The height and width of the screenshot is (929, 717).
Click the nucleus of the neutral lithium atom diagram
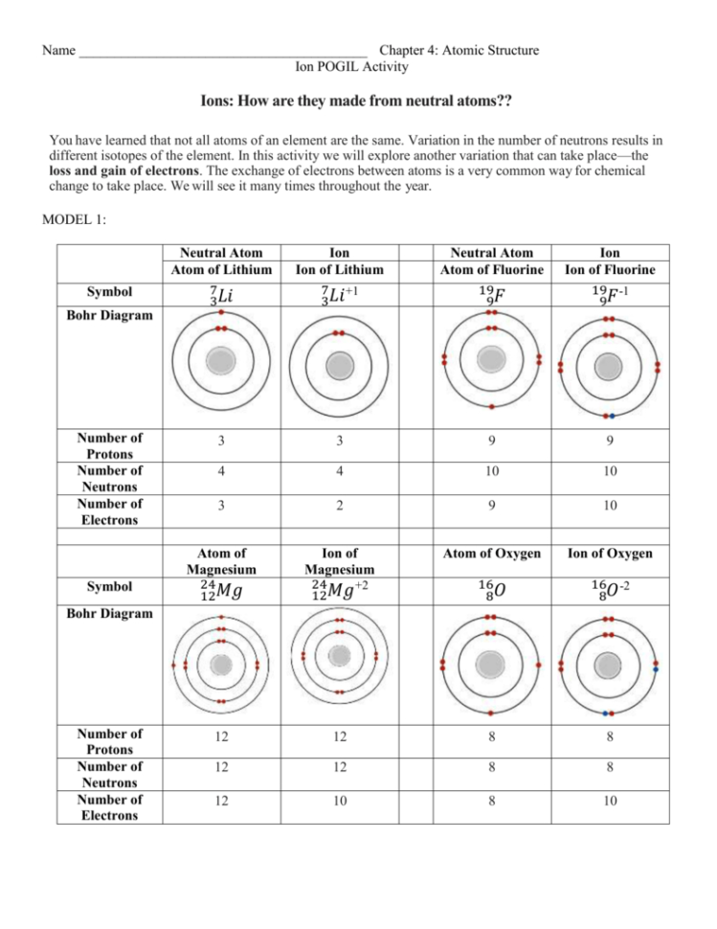[221, 362]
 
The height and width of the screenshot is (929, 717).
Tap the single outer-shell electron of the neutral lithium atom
[221, 312]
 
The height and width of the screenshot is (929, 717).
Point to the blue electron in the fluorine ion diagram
[611, 415]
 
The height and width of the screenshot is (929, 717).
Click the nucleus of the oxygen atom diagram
[491, 664]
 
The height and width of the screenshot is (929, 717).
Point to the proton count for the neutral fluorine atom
[491, 441]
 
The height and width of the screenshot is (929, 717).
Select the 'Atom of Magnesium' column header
[221, 561]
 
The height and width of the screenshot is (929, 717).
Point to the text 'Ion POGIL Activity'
[353, 66]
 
